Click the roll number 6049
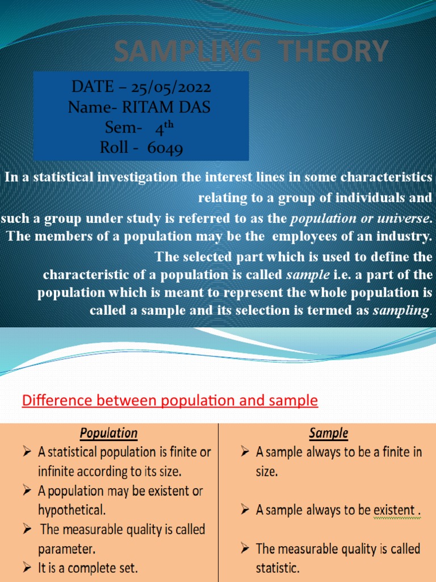tap(165, 148)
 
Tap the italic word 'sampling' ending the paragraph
tap(401, 310)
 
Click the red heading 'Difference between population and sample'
tap(170, 401)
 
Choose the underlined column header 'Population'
tap(109, 433)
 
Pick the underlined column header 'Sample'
tap(328, 433)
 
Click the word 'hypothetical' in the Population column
tap(70, 509)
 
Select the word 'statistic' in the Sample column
tap(278, 568)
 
